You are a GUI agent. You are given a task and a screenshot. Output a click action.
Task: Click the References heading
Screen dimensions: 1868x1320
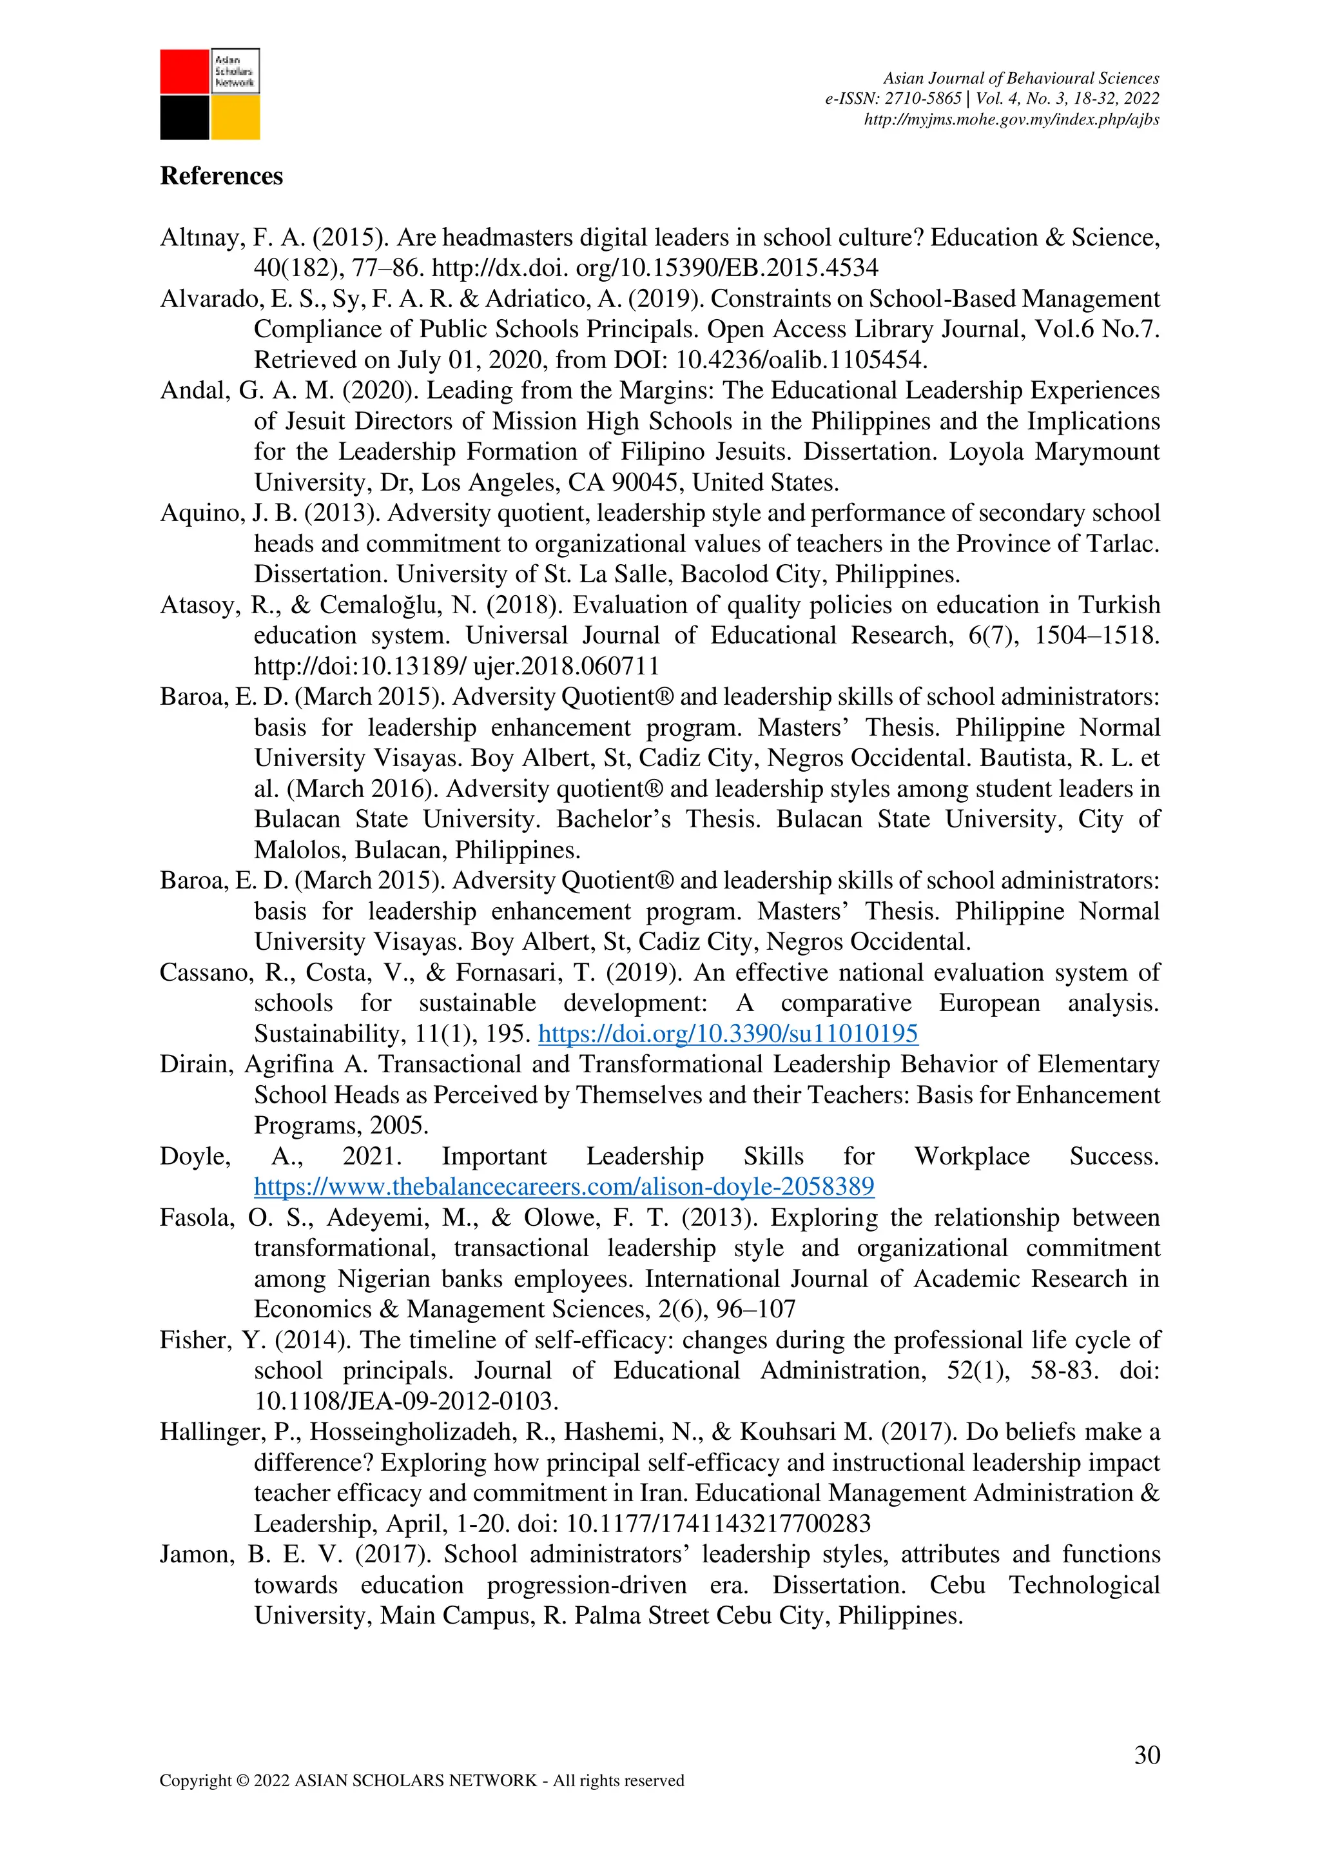pos(221,176)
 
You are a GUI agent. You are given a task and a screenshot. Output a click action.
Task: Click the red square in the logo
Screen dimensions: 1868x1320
pos(184,72)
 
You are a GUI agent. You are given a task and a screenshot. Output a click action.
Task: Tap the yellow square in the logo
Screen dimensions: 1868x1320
pos(235,118)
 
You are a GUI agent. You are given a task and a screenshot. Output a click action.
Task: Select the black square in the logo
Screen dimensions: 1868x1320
pos(184,118)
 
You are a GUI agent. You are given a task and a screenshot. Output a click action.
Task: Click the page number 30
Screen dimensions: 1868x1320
pos(1147,1755)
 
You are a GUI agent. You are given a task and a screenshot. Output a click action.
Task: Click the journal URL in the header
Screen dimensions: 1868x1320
pos(1011,119)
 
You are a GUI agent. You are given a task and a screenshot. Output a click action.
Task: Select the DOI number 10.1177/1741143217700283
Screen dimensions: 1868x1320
pos(718,1523)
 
